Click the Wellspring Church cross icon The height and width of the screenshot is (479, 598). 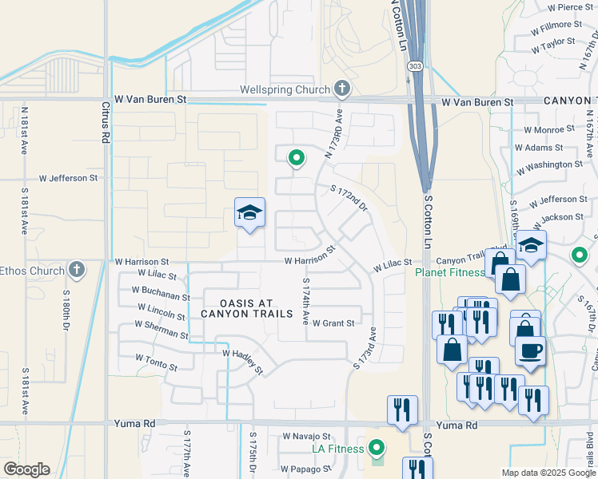[342, 88]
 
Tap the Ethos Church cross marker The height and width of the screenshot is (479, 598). [77, 269]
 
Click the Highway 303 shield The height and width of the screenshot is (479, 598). [414, 65]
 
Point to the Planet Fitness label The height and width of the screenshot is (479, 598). [449, 272]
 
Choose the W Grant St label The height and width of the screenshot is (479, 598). [333, 323]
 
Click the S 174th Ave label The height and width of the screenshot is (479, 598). [305, 301]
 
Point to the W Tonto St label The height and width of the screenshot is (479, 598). [156, 361]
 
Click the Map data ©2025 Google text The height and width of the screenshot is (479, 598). [548, 473]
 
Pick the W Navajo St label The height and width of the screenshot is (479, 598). [306, 437]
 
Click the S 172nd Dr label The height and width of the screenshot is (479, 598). [349, 198]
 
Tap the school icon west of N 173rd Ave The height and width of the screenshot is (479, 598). [249, 213]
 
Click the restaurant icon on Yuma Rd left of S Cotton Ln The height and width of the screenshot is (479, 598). [401, 409]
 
